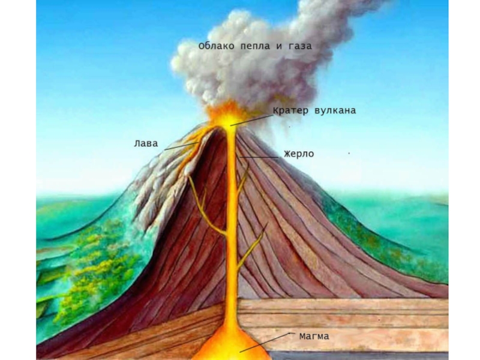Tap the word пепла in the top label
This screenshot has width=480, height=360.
tap(254, 46)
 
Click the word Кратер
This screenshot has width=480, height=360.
tap(292, 110)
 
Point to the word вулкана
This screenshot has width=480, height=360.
tap(335, 110)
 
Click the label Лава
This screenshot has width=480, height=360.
tap(146, 143)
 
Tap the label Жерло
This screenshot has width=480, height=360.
tap(299, 154)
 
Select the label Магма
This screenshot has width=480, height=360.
tap(314, 336)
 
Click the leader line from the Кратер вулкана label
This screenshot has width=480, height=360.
tap(252, 118)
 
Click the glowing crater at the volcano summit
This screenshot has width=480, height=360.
tap(227, 114)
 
